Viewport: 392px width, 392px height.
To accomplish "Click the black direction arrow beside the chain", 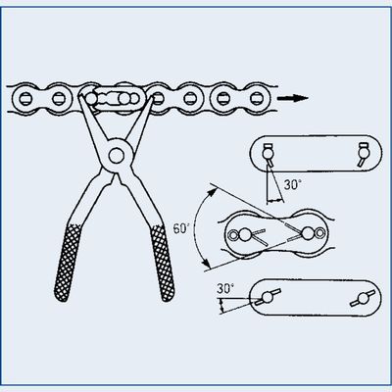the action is pos(293,98).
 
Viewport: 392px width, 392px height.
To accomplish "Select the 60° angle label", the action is pos(181,228).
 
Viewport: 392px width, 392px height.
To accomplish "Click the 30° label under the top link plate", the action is pos(293,185).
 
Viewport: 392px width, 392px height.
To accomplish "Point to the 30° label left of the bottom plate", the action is pos(225,289).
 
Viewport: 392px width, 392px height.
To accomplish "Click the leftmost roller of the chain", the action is pos(24,97).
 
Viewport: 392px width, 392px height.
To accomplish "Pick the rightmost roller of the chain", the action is pos(257,98).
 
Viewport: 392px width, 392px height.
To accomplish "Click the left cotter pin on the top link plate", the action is pos(269,154).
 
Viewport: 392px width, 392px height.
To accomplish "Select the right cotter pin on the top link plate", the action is pos(363,154).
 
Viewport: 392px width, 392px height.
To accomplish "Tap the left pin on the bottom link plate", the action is pos(268,297).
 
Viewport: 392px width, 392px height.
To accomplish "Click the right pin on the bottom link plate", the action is pos(363,298).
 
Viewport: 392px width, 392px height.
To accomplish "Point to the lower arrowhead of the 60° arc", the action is pos(206,263).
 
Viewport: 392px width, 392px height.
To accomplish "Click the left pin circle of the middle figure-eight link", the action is pos(244,234).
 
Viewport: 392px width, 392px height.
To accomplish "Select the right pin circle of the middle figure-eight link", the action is pos(308,233).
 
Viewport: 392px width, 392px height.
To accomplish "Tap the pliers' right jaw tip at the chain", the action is pos(149,99).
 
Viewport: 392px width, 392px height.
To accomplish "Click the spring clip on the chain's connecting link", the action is pos(113,98).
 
